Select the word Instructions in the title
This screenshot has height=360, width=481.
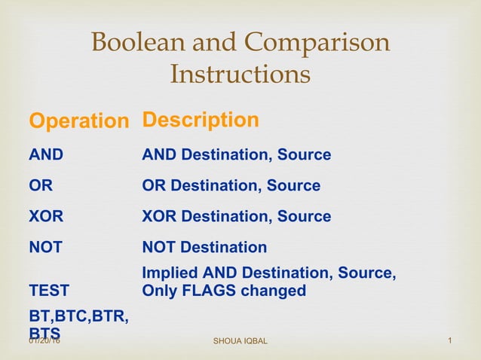click(x=240, y=75)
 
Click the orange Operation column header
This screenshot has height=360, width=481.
click(x=78, y=121)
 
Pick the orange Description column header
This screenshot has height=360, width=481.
click(x=201, y=121)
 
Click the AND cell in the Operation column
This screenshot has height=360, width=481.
click(x=46, y=155)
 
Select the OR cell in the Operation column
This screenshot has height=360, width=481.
click(x=40, y=186)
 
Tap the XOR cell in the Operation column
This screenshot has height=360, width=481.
click(x=46, y=217)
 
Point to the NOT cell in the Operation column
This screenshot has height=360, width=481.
click(x=45, y=247)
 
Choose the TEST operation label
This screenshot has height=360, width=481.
click(x=48, y=291)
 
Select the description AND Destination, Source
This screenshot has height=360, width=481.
click(x=237, y=155)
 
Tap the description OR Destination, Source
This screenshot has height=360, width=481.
click(x=231, y=186)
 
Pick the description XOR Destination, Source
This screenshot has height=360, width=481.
click(x=237, y=217)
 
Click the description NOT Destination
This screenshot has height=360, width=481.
click(x=204, y=247)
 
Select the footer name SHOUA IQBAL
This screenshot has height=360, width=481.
click(x=240, y=343)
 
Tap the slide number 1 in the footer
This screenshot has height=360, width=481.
click(x=449, y=343)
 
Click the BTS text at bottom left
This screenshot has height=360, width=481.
click(x=44, y=332)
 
